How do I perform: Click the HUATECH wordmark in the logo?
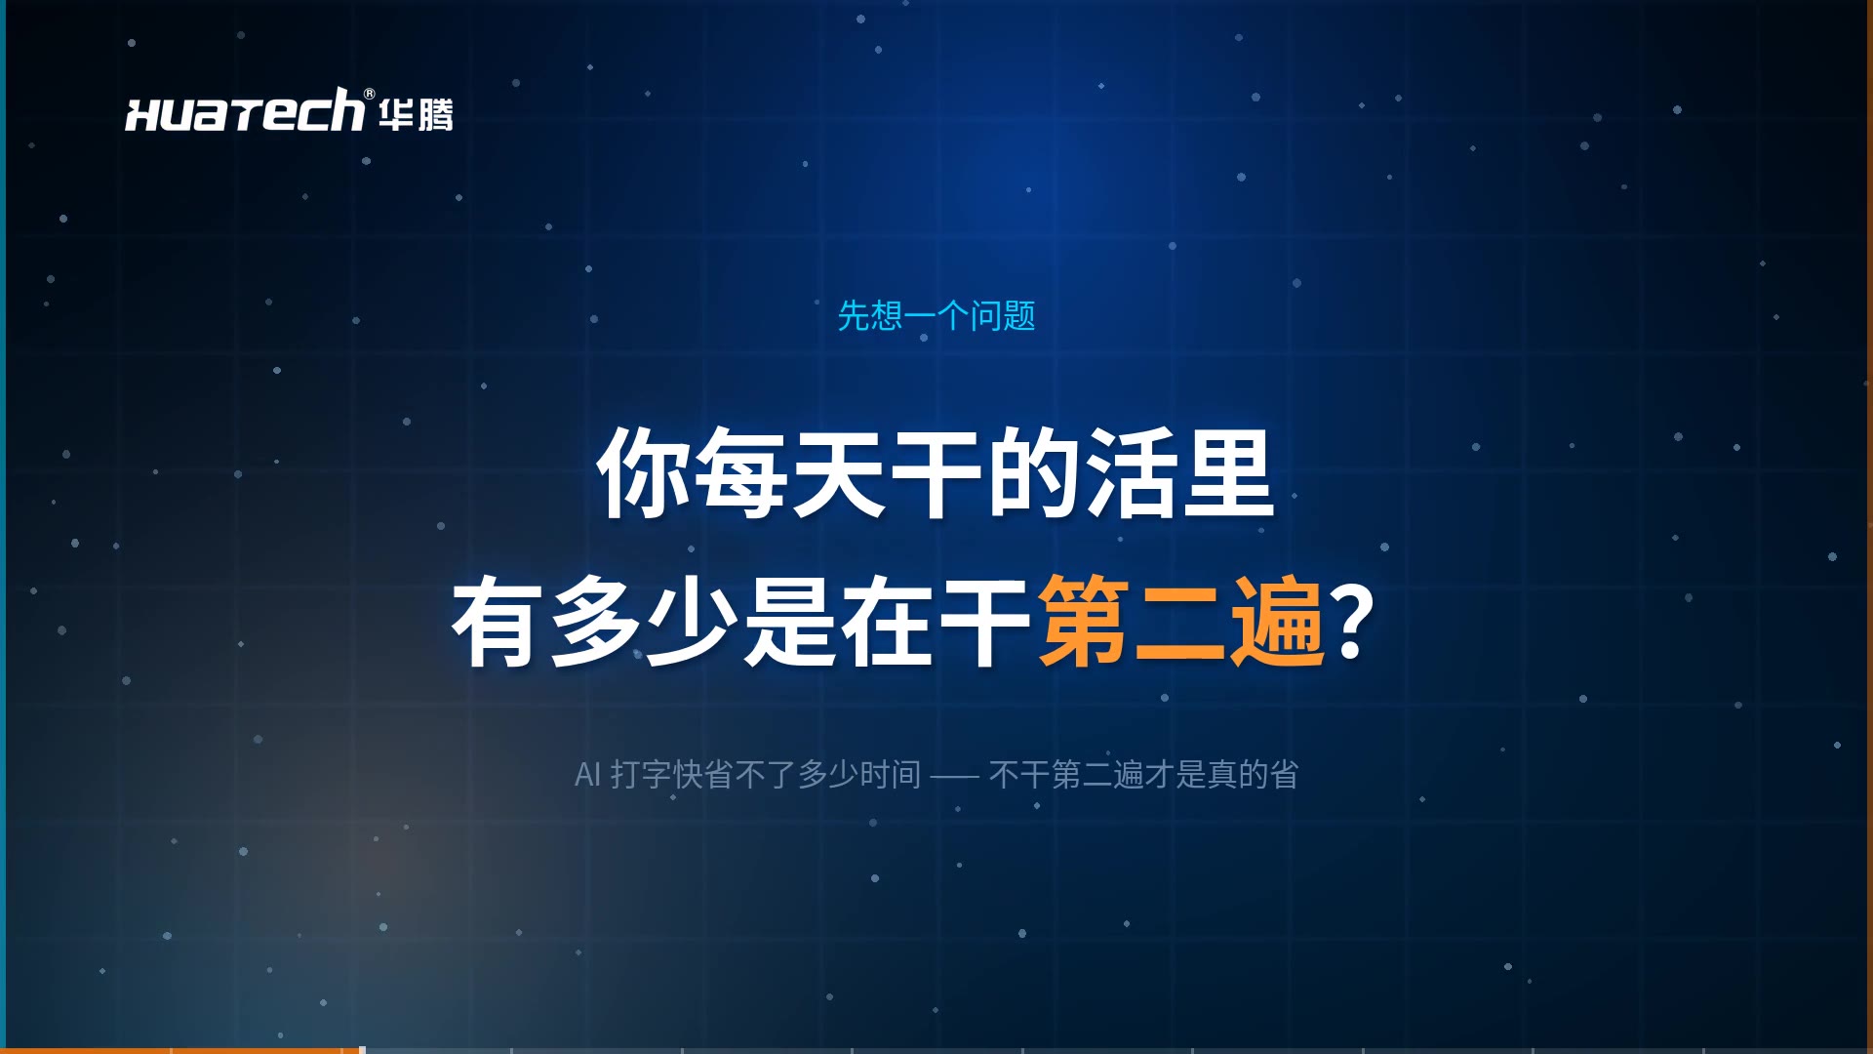click(x=244, y=110)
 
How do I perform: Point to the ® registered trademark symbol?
click(x=369, y=94)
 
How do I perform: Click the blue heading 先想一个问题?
click(x=936, y=315)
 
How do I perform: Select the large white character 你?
click(x=645, y=473)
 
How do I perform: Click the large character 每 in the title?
click(x=742, y=473)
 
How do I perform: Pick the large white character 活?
click(x=1131, y=473)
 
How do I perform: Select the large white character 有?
click(x=498, y=621)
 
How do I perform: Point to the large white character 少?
click(x=693, y=621)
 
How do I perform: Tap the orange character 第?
click(x=1084, y=621)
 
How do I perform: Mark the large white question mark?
click(x=1354, y=621)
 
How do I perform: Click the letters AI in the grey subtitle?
click(x=587, y=775)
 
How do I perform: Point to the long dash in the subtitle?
click(x=954, y=777)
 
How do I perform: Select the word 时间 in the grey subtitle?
click(x=891, y=775)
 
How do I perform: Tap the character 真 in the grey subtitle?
click(x=1222, y=775)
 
